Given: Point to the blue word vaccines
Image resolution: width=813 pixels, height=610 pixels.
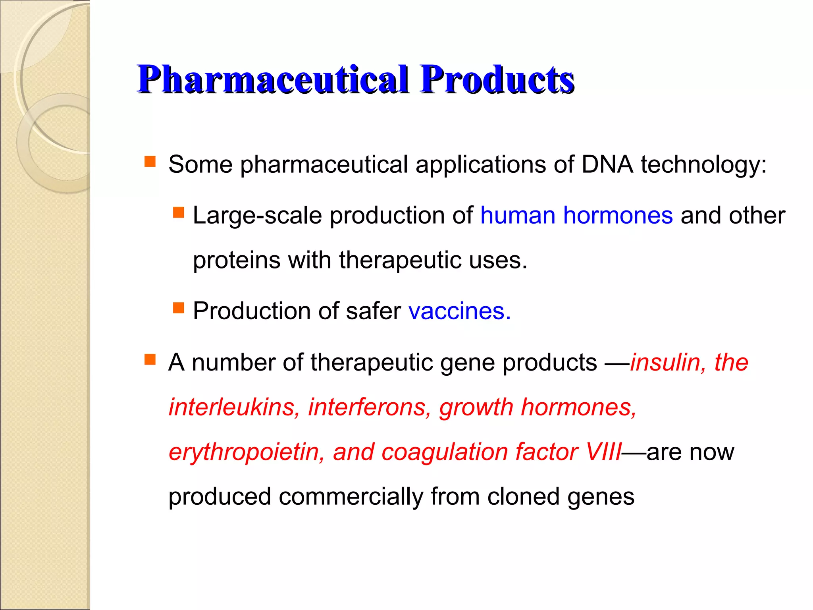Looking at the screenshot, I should tap(459, 311).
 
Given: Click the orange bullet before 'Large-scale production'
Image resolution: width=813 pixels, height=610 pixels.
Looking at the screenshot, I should tap(179, 212).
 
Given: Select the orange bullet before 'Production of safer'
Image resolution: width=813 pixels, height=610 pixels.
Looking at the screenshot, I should tap(179, 308).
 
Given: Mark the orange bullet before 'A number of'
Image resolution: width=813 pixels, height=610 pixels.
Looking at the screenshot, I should tap(150, 359).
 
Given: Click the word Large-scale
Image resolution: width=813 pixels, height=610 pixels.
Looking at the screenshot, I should tap(257, 216).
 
